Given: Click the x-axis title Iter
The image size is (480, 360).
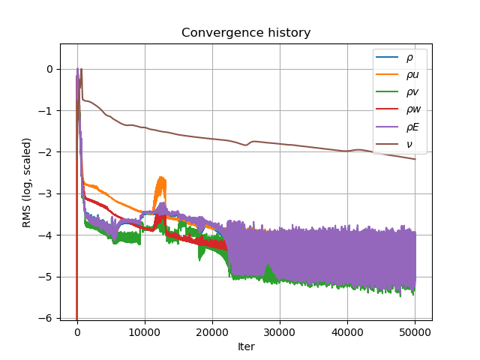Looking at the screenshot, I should point(246,346).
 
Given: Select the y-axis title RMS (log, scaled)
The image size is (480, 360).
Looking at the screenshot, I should point(27,182).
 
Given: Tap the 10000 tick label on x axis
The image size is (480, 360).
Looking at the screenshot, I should point(145,332).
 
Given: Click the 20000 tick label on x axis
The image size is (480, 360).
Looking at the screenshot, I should point(212,332).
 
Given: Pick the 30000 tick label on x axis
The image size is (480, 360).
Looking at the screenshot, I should point(280,332).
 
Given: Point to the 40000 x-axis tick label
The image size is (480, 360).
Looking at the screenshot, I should point(347,332).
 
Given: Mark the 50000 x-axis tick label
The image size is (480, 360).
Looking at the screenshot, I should point(415,332).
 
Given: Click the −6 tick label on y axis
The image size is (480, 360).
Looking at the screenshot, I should point(48,318).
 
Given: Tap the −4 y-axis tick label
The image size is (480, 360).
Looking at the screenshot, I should point(48,235).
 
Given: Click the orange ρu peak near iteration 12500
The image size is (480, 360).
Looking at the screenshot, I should point(161,178).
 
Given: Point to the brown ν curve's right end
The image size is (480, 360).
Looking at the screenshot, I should point(415,159).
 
